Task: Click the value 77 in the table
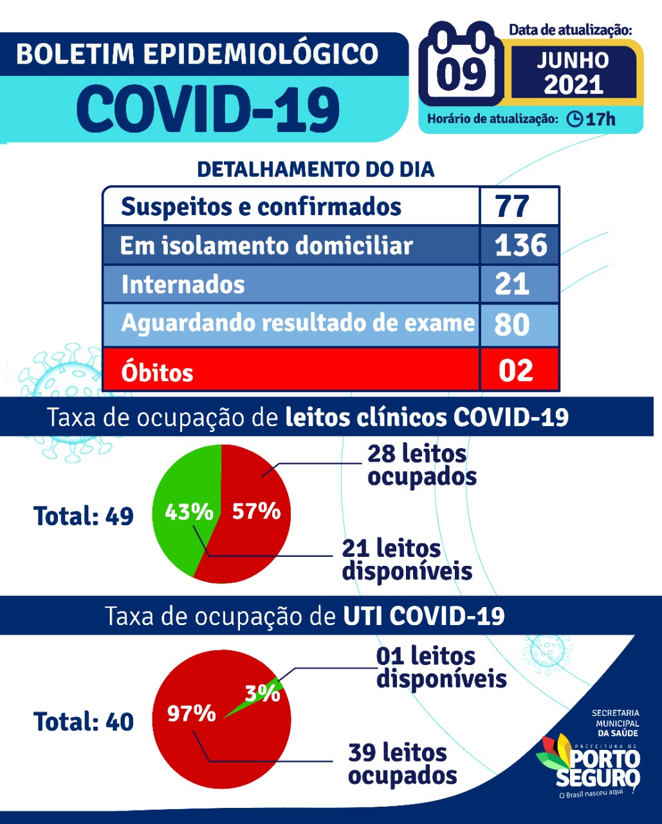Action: [512, 207]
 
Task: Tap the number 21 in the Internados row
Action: [512, 284]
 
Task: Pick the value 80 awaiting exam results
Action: [512, 324]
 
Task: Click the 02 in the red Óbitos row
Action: [516, 371]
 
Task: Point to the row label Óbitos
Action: [157, 372]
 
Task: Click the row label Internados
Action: [183, 285]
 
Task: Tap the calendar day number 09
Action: [462, 72]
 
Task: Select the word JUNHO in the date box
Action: [573, 61]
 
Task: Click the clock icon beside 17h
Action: [575, 119]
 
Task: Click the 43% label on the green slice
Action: [188, 512]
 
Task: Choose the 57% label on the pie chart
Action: [256, 511]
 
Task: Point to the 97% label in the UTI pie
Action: [191, 713]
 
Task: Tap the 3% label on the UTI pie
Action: [262, 693]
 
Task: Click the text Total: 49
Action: [84, 516]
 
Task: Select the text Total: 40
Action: [84, 722]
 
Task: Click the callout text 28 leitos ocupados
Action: [421, 465]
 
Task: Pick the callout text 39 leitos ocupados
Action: [402, 763]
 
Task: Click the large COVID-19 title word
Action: [208, 108]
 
